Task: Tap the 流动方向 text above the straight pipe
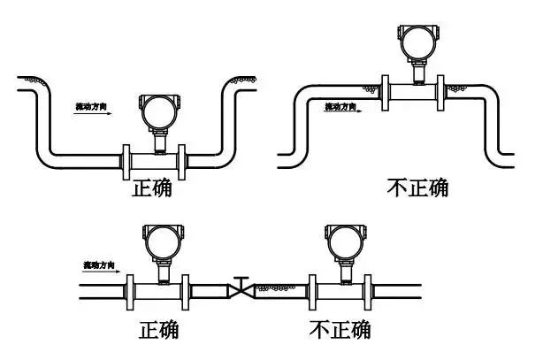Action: click(x=98, y=265)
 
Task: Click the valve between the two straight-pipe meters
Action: click(x=240, y=288)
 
